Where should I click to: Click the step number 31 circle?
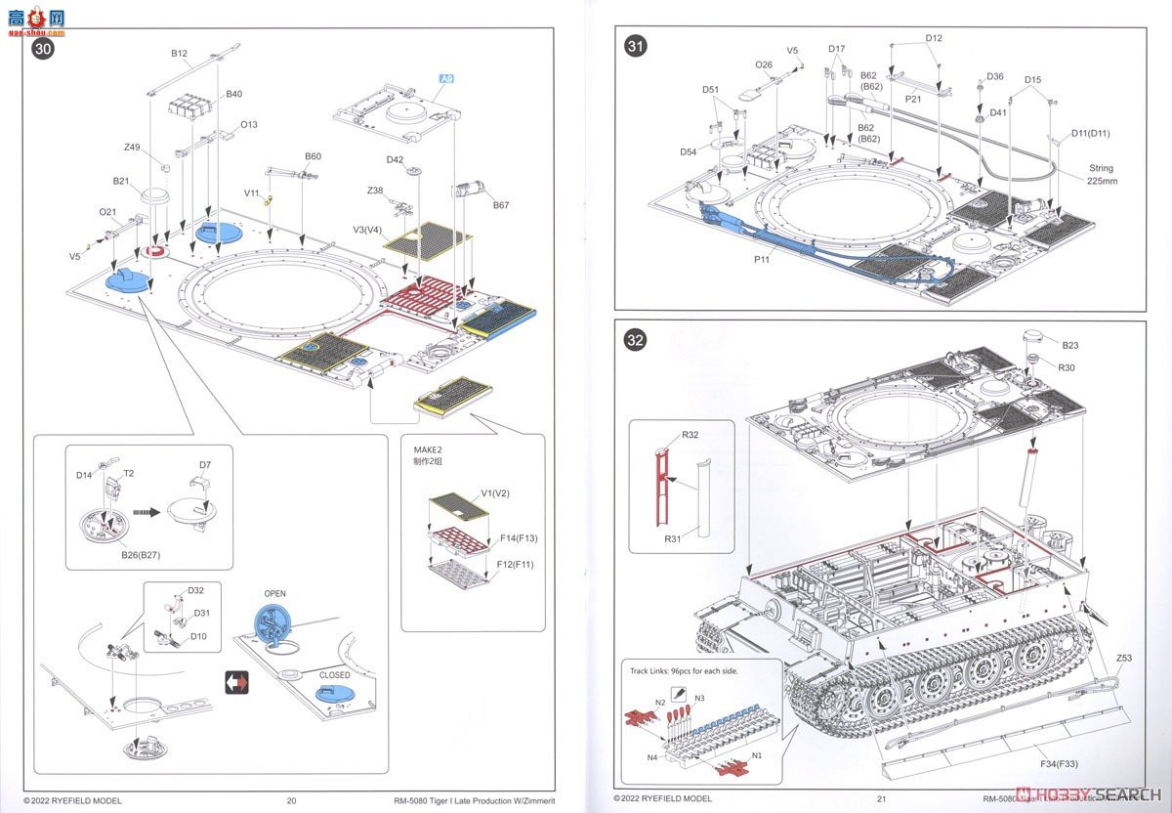tap(637, 45)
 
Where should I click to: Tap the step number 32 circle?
tap(636, 341)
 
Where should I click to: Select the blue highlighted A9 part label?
tap(446, 78)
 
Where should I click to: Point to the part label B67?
tap(501, 205)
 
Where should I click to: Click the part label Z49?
tap(132, 148)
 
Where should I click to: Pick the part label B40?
tap(234, 94)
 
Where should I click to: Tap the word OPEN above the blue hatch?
tap(274, 593)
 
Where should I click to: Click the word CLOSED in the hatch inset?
tap(334, 674)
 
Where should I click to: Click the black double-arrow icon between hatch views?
tap(237, 681)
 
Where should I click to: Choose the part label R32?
tap(690, 434)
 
